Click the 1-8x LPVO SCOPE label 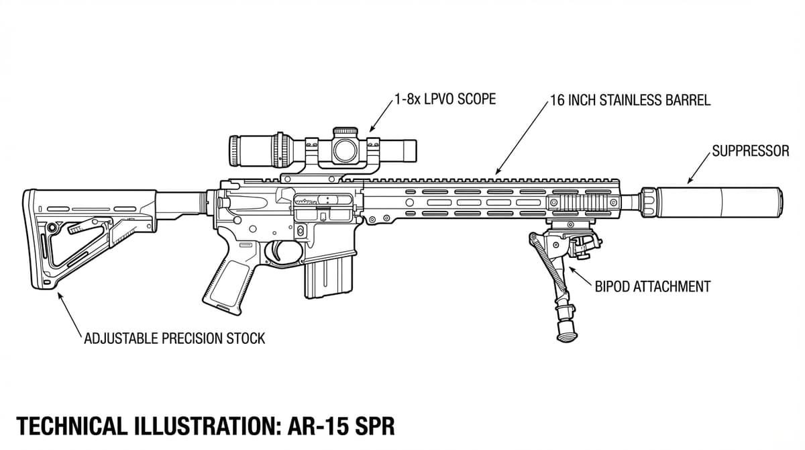click(445, 99)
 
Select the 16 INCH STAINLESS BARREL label click(630, 101)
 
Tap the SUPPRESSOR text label click(750, 151)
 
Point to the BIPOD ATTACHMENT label click(652, 287)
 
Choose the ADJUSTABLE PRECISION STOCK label click(174, 338)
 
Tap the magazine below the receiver click(328, 275)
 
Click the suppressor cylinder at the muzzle click(718, 200)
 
